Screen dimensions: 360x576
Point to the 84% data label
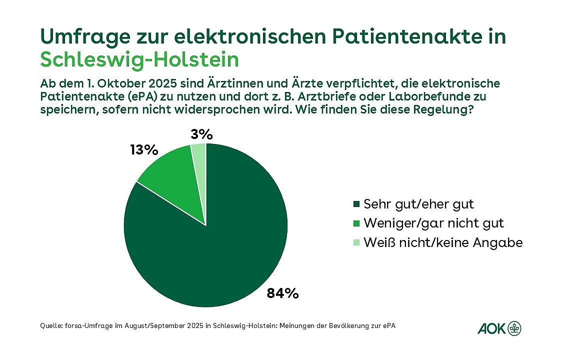[x=282, y=293]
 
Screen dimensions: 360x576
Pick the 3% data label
[x=202, y=134]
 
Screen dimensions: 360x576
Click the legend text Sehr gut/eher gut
[x=418, y=204]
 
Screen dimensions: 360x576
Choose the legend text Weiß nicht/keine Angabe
[x=443, y=243]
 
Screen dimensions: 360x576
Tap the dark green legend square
[x=356, y=204]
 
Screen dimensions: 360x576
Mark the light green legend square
[x=356, y=243]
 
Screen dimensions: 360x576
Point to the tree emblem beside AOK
[x=514, y=328]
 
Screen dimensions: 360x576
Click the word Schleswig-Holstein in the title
[x=139, y=59]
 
